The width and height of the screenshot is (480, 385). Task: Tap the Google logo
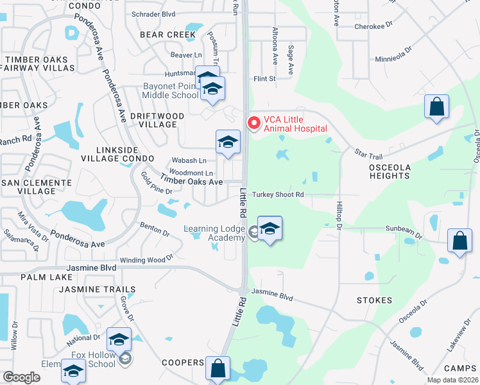point(21,377)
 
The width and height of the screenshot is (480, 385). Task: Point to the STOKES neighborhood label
point(375,300)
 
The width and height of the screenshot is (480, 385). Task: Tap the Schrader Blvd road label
point(153,13)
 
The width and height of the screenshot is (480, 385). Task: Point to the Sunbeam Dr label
point(404,228)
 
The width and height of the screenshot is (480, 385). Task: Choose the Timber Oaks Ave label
point(191,182)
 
